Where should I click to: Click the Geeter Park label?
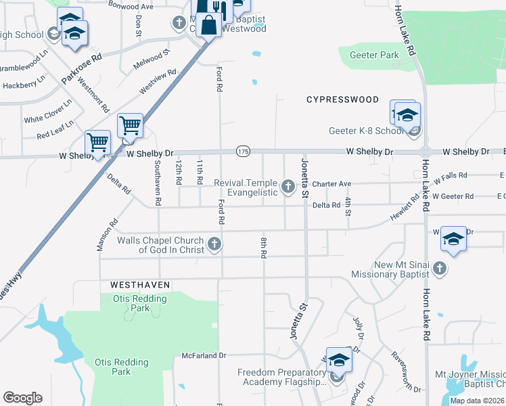[373, 55]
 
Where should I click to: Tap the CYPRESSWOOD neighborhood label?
[342, 99]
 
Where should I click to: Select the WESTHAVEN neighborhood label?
[136, 286]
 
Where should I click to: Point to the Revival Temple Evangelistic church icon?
[288, 185]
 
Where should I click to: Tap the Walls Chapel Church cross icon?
[214, 244]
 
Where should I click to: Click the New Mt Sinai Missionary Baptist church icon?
[439, 269]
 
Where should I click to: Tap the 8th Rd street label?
[264, 247]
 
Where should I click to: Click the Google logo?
[22, 398]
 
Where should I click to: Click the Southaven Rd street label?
[158, 183]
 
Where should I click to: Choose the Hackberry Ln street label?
[24, 86]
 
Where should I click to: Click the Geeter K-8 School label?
[366, 131]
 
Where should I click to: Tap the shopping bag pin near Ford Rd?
[209, 26]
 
